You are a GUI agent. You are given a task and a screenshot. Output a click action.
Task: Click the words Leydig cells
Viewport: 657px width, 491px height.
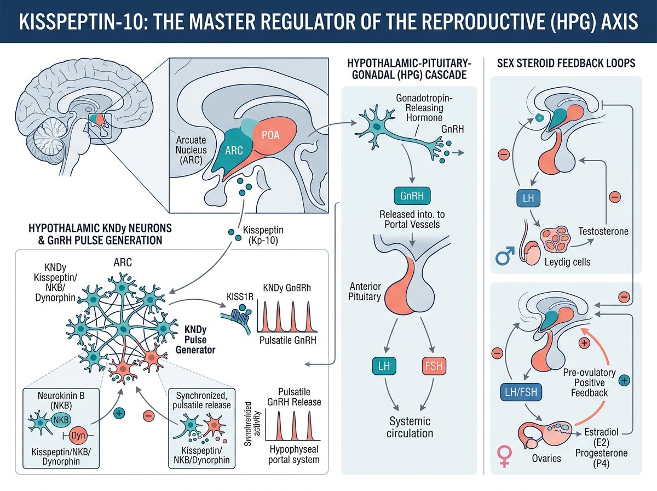pyautogui.click(x=567, y=262)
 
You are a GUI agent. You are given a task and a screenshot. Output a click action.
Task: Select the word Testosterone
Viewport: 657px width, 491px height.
pyautogui.click(x=602, y=232)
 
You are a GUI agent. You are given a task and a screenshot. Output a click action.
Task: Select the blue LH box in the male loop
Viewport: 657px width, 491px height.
pyautogui.click(x=528, y=198)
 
